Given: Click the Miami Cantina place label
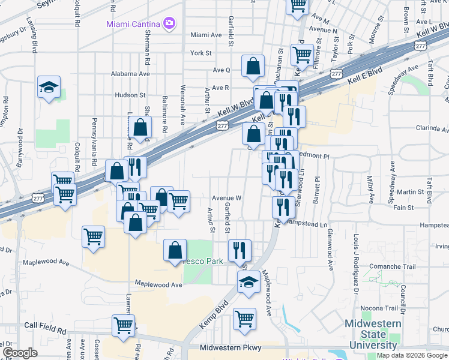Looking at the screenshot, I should pyautogui.click(x=133, y=23).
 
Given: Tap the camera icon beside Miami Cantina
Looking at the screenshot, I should pyautogui.click(x=169, y=23).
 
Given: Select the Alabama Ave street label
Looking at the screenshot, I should pyautogui.click(x=130, y=74).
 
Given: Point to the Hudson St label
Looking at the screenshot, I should pyautogui.click(x=130, y=95).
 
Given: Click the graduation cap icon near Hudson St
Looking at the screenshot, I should pyautogui.click(x=49, y=87).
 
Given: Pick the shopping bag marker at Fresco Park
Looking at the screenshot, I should pyautogui.click(x=175, y=250).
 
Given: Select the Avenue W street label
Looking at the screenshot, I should pyautogui.click(x=226, y=197).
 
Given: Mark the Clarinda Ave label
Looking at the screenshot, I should pyautogui.click(x=432, y=128).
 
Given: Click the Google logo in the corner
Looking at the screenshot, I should pyautogui.click(x=20, y=353).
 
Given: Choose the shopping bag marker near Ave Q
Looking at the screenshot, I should pyautogui.click(x=253, y=66).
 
